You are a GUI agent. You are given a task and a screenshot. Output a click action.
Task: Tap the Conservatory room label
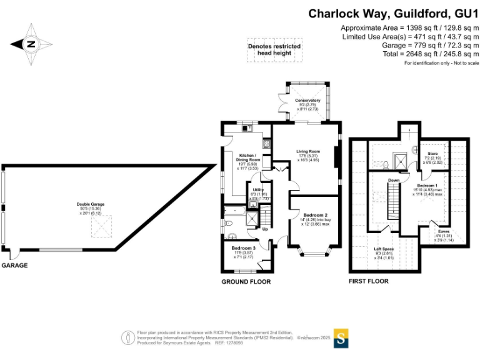click(x=307, y=100)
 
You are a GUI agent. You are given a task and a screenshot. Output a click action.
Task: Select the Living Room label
click(x=308, y=151)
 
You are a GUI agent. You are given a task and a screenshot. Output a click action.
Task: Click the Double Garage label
click(x=91, y=204)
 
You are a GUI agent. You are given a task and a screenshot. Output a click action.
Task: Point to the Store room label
click(x=432, y=154)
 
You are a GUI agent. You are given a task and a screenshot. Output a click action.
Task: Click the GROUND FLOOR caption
click(x=246, y=282)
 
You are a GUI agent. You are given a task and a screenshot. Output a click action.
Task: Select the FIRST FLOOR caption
click(x=368, y=282)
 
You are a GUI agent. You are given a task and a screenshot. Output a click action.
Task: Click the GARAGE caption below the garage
click(x=14, y=266)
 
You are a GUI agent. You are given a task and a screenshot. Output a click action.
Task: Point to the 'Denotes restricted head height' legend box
click(x=274, y=50)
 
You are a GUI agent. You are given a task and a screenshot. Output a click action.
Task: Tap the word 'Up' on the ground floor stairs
click(x=265, y=228)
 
